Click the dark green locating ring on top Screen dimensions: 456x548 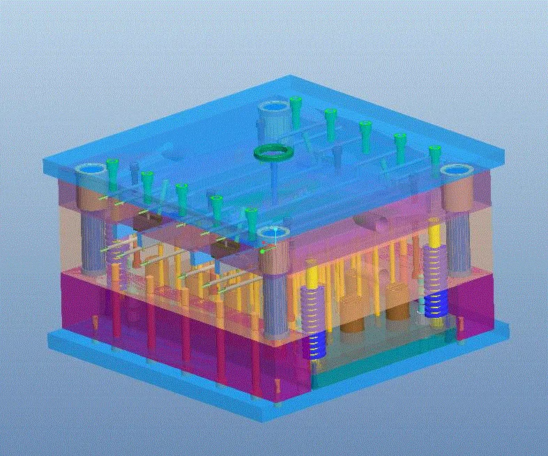pos(273,152)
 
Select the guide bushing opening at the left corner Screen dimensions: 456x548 pos(88,170)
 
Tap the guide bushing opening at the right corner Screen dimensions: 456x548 pos(456,172)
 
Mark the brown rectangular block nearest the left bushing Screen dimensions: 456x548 pos(147,222)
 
